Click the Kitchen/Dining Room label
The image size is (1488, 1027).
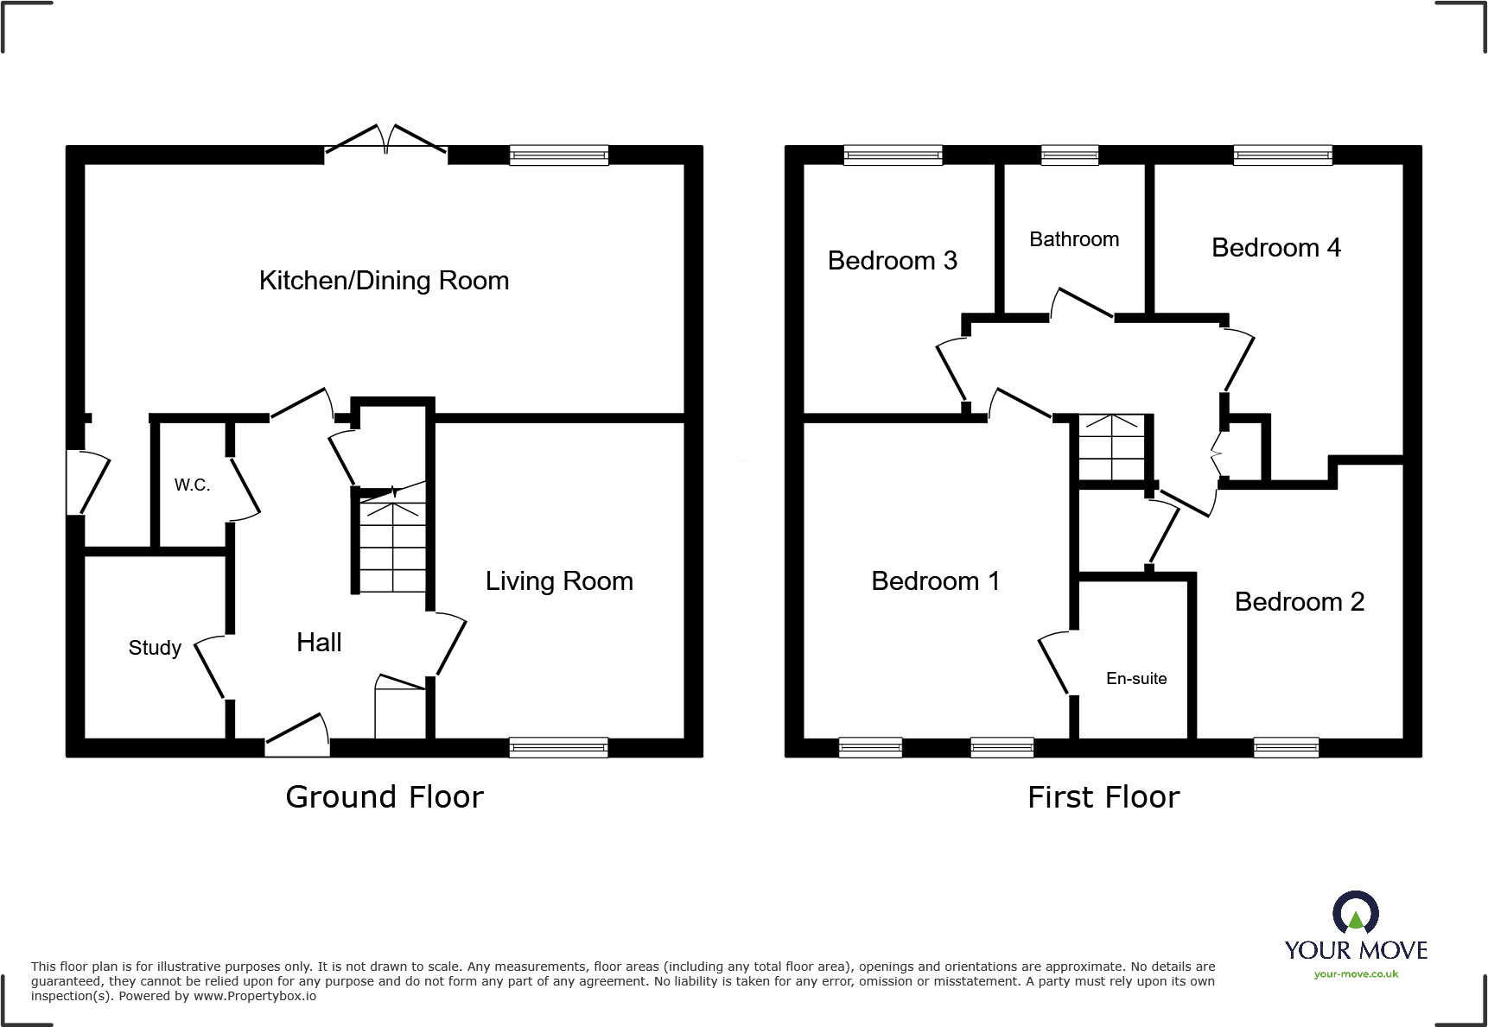[384, 281]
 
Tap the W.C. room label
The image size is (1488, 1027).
[192, 485]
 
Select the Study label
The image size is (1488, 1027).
[155, 648]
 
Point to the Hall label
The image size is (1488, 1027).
[319, 642]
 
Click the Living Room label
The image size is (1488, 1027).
[559, 581]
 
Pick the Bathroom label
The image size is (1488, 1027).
[1074, 239]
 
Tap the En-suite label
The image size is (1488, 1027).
[1136, 679]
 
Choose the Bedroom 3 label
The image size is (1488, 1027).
[892, 261]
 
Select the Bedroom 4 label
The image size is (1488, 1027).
[1275, 248]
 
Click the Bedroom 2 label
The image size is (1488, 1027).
[1299, 602]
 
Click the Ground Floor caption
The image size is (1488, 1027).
[385, 796]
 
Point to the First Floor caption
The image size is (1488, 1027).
[1103, 796]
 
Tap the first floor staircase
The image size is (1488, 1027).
[1111, 447]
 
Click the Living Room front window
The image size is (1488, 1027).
[558, 748]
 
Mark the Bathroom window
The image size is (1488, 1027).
[1070, 155]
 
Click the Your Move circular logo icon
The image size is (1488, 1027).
[1355, 912]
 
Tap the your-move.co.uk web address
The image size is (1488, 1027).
[1356, 974]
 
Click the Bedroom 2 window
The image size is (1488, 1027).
[1286, 748]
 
